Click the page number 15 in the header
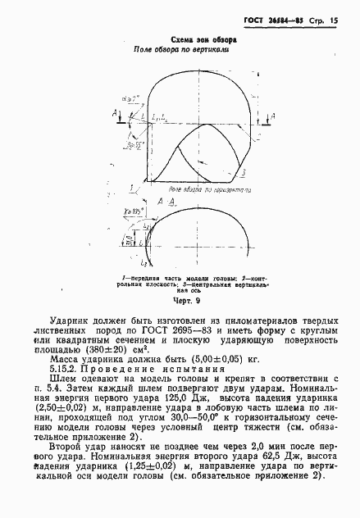click(x=335, y=20)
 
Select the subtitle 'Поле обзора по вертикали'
click(x=180, y=49)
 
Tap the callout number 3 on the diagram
click(x=244, y=174)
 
